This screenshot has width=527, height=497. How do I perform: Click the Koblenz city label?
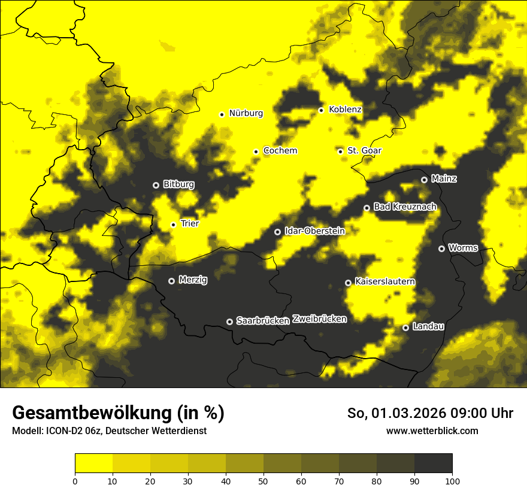click(345, 110)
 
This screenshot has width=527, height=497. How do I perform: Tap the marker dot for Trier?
click(173, 225)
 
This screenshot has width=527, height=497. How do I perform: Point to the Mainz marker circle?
click(424, 180)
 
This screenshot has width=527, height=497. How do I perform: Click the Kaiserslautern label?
click(385, 282)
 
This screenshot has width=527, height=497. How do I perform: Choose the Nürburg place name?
click(246, 113)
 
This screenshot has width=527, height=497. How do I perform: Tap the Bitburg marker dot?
click(156, 185)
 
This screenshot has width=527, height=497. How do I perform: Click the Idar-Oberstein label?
click(314, 231)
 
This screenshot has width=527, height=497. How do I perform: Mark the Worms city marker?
click(441, 249)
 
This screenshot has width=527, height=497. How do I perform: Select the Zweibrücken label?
click(319, 319)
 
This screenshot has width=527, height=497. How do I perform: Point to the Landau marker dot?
click(405, 328)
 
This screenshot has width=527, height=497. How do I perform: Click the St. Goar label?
click(364, 151)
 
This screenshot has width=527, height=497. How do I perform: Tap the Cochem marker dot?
click(256, 151)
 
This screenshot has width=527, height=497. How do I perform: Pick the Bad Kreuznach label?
click(405, 207)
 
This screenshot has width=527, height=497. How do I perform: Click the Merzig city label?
click(193, 280)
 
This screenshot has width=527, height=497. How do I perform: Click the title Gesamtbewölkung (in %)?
click(118, 413)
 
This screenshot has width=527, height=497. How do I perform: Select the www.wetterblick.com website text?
click(432, 431)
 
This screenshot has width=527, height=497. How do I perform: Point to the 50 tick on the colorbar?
click(263, 481)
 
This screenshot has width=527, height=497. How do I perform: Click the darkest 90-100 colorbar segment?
click(433, 463)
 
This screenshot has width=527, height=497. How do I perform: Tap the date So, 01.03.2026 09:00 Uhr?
click(430, 414)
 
